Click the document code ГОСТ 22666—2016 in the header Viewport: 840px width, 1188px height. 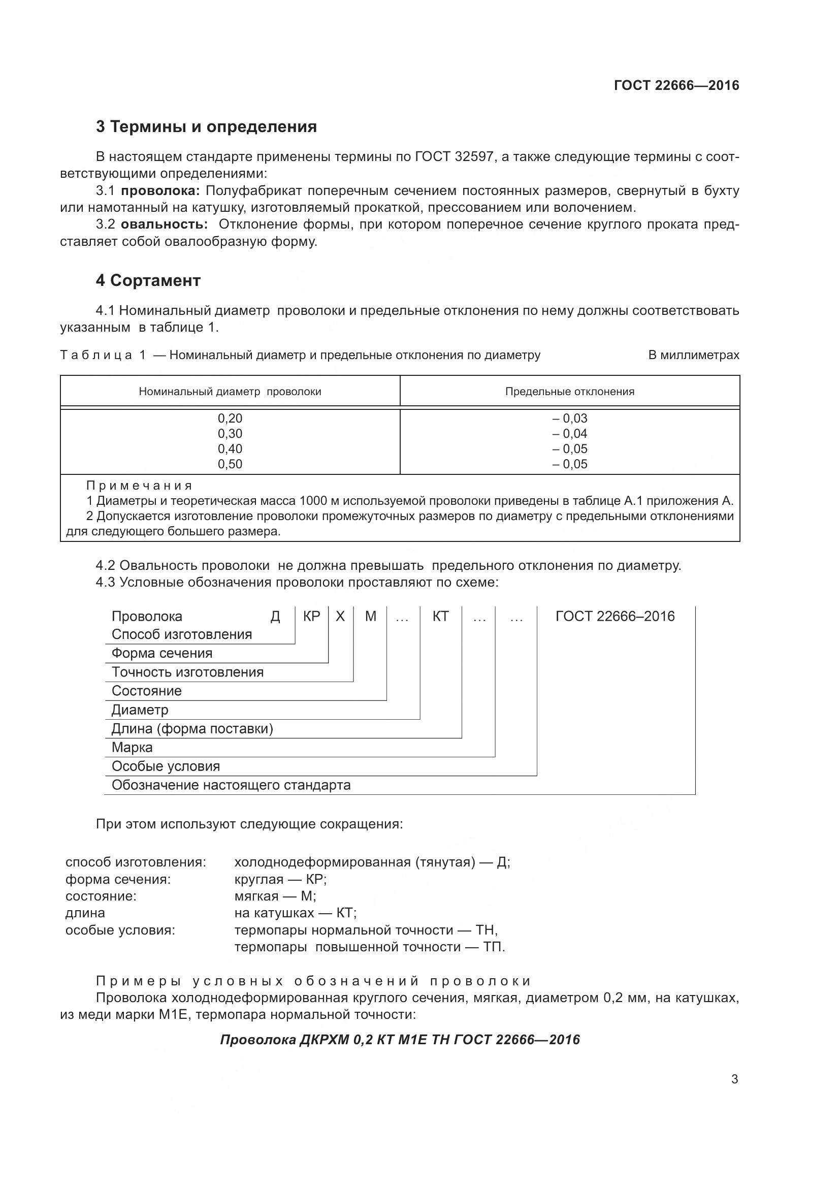(676, 85)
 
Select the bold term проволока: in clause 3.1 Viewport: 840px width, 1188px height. (160, 191)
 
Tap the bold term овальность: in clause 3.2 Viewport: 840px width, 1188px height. (164, 224)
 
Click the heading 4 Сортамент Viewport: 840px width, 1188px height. (148, 280)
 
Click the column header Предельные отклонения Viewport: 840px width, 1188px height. (569, 392)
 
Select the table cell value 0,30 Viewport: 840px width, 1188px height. (230, 434)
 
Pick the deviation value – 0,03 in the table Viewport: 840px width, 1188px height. (569, 418)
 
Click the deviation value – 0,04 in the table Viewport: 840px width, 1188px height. (569, 434)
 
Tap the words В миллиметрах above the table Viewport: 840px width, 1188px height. (694, 355)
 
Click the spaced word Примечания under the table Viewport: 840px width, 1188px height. (139, 486)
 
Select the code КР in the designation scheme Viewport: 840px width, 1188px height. (311, 616)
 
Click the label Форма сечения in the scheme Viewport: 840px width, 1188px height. (162, 654)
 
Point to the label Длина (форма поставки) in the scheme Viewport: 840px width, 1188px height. (192, 729)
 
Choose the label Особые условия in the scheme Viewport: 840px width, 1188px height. (166, 766)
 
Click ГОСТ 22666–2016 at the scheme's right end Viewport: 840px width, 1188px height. (615, 616)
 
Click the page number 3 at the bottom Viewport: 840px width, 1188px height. (734, 1079)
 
